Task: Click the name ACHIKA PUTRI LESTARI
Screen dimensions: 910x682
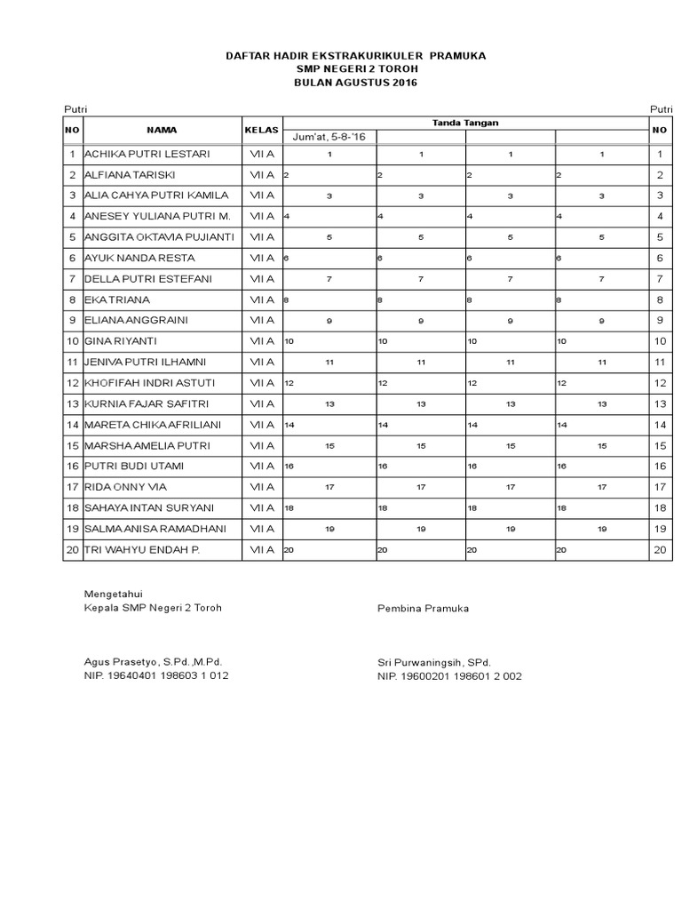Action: point(147,154)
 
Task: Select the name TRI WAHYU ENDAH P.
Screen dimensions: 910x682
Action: point(141,550)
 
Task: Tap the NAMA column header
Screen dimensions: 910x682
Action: point(162,130)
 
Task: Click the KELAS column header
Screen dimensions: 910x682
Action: point(262,130)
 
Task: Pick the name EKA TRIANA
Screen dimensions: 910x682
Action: point(117,299)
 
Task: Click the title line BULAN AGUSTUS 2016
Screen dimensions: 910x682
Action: point(355,83)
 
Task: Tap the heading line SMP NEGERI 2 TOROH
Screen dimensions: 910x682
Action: point(355,69)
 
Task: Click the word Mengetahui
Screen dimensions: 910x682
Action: point(113,594)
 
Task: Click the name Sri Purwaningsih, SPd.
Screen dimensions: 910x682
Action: point(433,662)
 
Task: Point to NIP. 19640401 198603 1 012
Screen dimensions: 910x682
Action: point(155,676)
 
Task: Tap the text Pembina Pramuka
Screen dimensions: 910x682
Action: point(423,609)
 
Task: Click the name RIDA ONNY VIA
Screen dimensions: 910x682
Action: point(125,487)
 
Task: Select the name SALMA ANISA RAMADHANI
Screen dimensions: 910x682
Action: point(155,529)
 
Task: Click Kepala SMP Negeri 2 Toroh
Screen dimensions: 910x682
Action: point(152,609)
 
